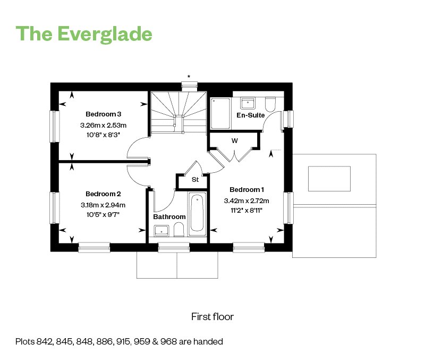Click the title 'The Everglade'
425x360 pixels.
84,34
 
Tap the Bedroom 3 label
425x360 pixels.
103,114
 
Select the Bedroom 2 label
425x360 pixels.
103,194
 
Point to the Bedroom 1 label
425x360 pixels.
246,190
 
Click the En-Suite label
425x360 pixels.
250,115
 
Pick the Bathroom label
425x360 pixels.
169,217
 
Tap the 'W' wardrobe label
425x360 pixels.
235,141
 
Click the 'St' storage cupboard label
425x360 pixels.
195,180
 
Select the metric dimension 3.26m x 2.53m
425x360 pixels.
103,125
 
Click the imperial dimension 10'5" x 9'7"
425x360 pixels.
103,215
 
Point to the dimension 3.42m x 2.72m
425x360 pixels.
246,201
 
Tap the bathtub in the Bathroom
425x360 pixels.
197,214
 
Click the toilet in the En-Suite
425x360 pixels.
270,105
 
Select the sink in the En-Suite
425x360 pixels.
248,103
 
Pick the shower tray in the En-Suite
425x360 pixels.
220,113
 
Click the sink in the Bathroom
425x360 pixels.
161,231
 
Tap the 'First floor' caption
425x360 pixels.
212,316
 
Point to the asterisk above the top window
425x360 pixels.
189,77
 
